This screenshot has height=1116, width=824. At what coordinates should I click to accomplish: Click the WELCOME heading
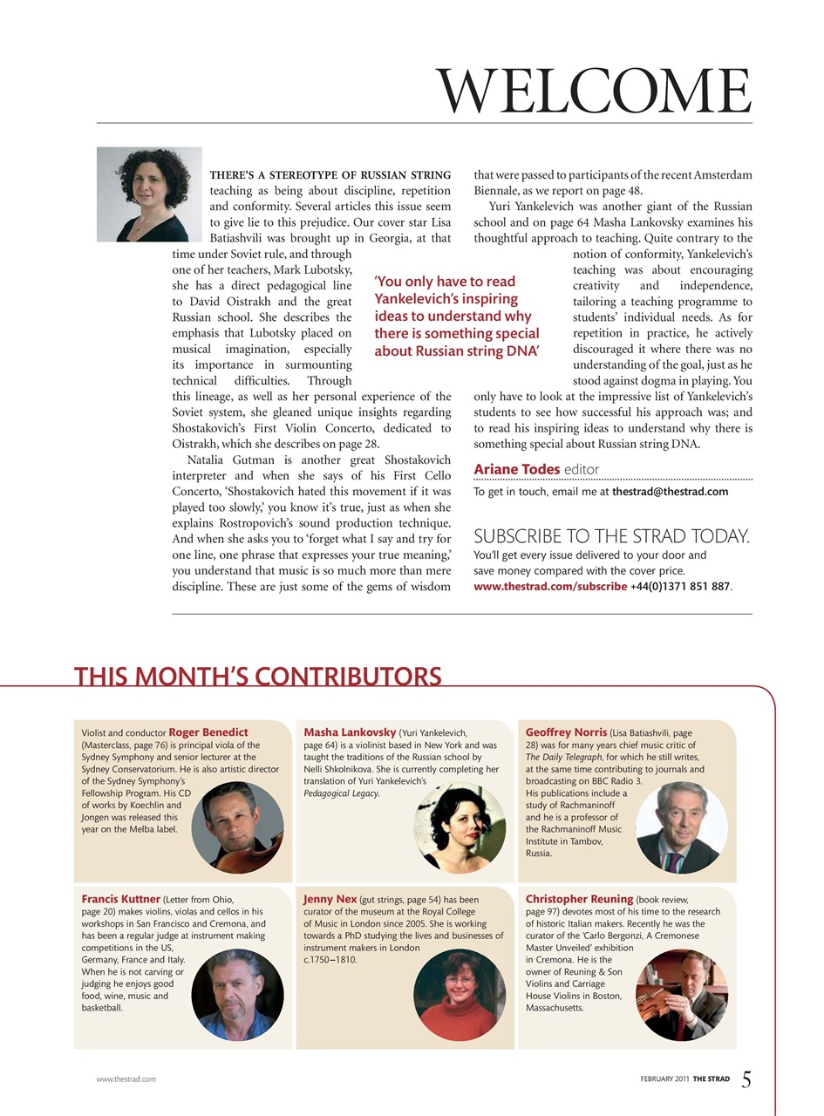coord(593,90)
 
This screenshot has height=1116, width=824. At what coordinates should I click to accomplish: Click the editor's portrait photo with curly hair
coord(149,194)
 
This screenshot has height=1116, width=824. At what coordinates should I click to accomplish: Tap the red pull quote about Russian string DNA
coord(457,316)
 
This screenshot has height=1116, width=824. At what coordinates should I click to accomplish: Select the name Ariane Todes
coord(516,469)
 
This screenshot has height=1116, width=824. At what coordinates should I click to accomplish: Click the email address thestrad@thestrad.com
coord(670,492)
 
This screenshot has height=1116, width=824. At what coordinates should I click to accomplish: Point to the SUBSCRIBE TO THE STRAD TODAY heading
coord(611,536)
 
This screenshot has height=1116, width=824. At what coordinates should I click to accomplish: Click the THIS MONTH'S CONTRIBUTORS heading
coord(258,677)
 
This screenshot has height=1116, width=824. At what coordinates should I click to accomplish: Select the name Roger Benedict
coord(208,732)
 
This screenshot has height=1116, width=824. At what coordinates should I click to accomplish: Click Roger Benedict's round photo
coord(237,826)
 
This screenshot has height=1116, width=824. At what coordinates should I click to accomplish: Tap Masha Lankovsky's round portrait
coord(460,827)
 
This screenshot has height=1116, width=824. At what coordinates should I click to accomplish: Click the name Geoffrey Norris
coord(566,732)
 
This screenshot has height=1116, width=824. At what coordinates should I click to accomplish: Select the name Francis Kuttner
coord(120,898)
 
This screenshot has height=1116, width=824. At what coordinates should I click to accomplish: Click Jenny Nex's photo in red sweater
coord(460,993)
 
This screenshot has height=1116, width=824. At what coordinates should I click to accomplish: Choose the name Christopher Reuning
coord(579,898)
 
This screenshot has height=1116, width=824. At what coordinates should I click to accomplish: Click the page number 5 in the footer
coord(746,1079)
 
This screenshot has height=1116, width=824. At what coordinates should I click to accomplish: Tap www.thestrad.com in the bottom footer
coord(126,1079)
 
